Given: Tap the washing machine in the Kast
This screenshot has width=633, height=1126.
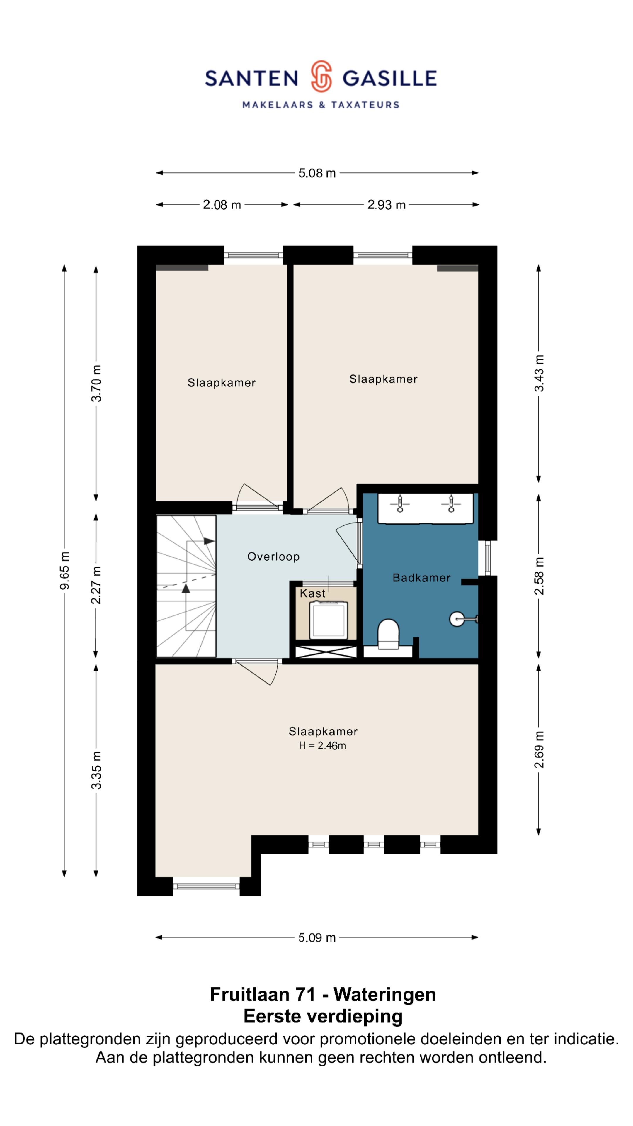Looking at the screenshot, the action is point(329,620).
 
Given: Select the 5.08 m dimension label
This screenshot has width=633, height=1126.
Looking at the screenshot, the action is point(317,173).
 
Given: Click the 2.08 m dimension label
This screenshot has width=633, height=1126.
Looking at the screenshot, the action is point(222,205).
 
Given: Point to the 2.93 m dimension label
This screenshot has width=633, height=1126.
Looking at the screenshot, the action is point(386,205).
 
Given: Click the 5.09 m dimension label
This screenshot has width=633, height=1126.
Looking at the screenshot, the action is point(317,938).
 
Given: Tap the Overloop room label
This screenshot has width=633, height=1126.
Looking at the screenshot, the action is point(273,557).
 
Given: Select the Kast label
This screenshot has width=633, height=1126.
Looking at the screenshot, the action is point(313,593).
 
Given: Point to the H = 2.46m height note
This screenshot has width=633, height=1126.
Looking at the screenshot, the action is point(322,745).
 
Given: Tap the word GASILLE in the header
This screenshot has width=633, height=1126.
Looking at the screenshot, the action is point(389,78).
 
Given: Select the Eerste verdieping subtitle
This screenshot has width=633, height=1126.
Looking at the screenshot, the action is point(323,1016).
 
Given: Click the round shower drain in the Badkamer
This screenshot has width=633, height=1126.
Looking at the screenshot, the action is point(457,618).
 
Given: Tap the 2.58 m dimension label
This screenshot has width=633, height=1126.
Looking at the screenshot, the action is point(540,576).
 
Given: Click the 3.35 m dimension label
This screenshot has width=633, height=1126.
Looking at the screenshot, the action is point(96,770).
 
